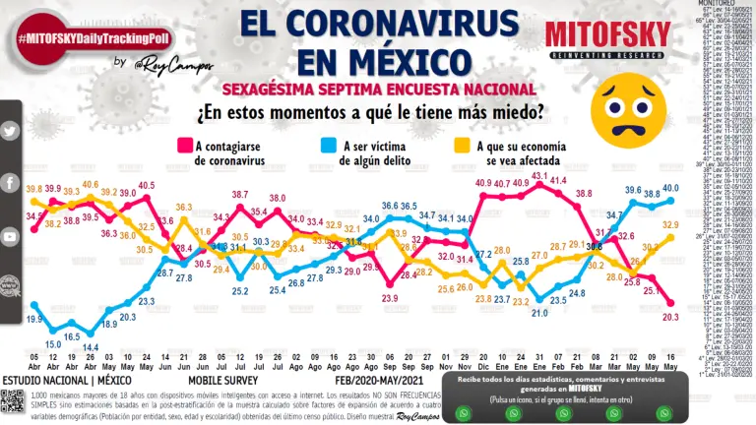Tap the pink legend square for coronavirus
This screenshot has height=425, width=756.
[x=183, y=146]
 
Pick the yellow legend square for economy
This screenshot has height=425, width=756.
[x=460, y=146]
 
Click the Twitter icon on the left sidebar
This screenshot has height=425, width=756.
[x=10, y=131]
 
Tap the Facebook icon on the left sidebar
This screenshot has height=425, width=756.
[x=10, y=184]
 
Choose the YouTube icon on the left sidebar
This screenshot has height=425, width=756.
[x=10, y=237]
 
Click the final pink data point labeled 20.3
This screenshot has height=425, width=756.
[x=670, y=304]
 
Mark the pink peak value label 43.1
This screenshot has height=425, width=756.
[x=539, y=175]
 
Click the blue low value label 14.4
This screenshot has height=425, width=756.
[x=92, y=346]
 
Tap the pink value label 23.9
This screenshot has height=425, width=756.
[x=390, y=297]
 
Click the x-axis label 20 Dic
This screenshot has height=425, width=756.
[x=483, y=362]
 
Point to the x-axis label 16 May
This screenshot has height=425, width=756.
[x=670, y=362]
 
